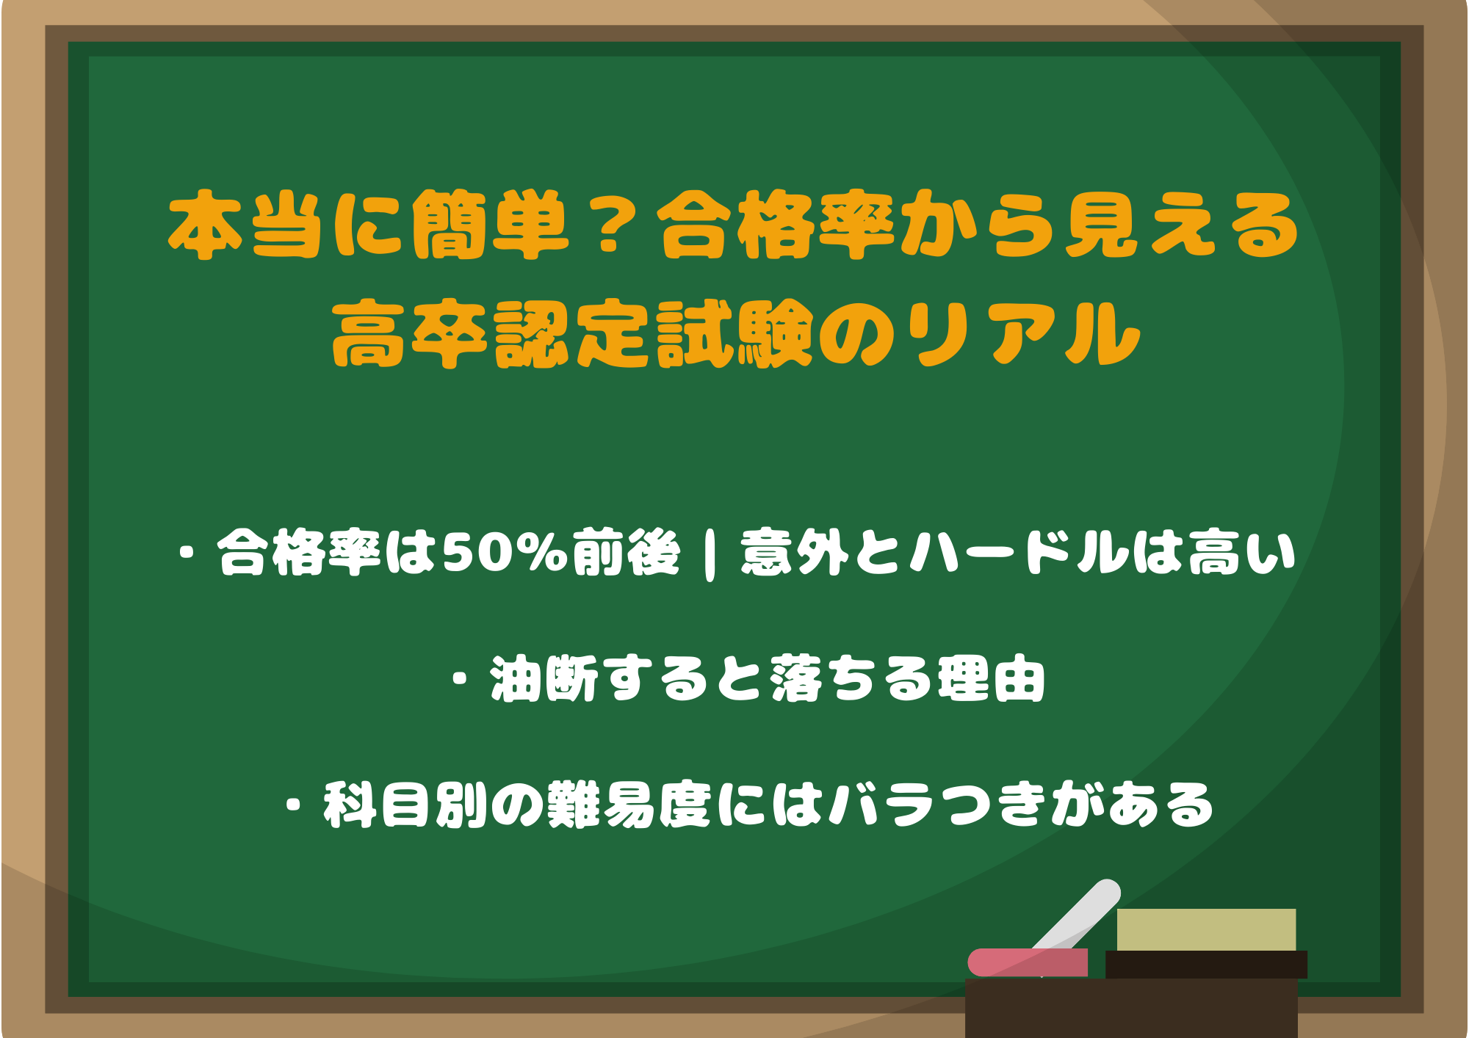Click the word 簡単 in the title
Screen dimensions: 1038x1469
pyautogui.click(x=491, y=226)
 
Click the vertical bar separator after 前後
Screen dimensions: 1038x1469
pyautogui.click(x=710, y=554)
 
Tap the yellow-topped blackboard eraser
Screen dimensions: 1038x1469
pyautogui.click(x=1206, y=943)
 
